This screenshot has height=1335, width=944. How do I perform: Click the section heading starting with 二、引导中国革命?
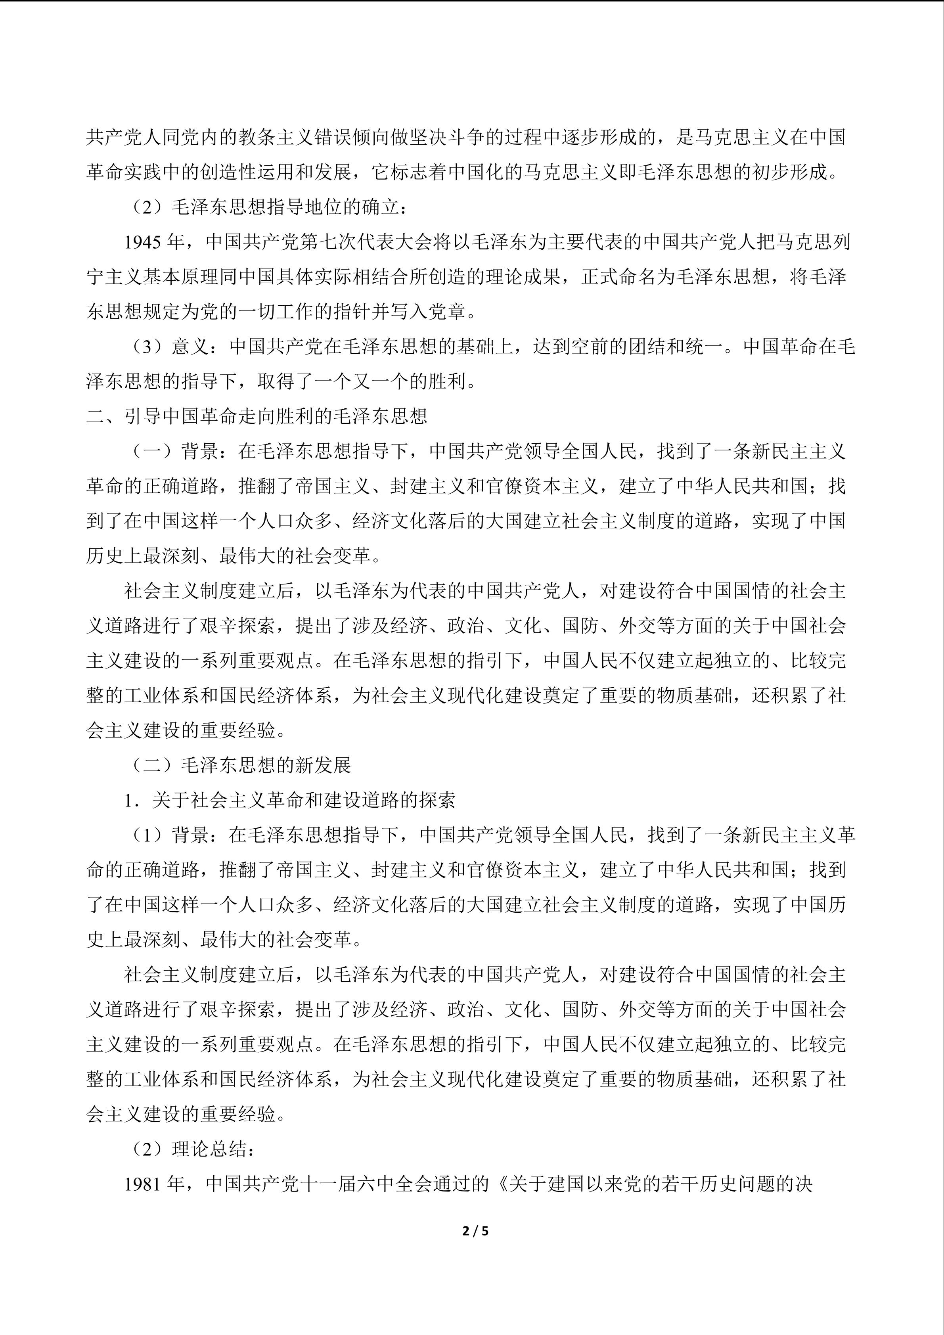257,416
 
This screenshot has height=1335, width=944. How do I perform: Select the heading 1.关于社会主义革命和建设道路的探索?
289,800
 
